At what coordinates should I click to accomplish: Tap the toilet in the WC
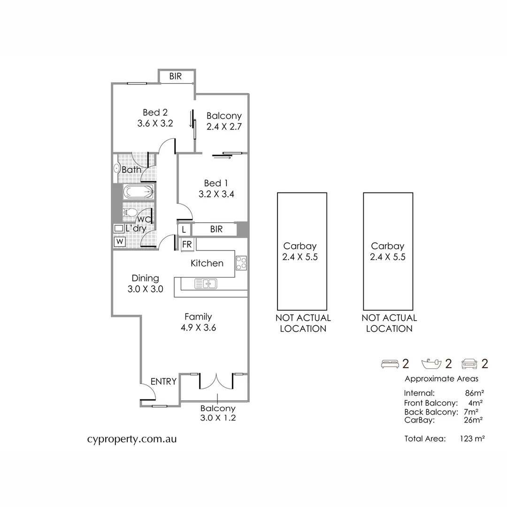(x=131, y=213)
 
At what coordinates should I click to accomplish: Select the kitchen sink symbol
(x=205, y=283)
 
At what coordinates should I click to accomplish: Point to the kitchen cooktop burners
(x=241, y=263)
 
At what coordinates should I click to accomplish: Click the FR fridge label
(x=187, y=244)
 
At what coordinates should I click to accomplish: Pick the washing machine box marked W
(x=120, y=241)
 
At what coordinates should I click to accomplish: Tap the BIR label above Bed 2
(x=175, y=76)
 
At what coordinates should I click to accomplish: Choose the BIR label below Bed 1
(x=216, y=230)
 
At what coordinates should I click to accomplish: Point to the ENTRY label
(x=163, y=381)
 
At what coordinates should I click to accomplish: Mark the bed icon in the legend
(x=390, y=363)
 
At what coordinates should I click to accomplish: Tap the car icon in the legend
(x=470, y=363)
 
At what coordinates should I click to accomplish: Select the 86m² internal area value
(x=474, y=393)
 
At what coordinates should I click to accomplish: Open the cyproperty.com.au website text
(x=132, y=439)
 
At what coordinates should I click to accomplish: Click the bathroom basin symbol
(x=116, y=169)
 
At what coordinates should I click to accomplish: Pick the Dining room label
(x=145, y=278)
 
